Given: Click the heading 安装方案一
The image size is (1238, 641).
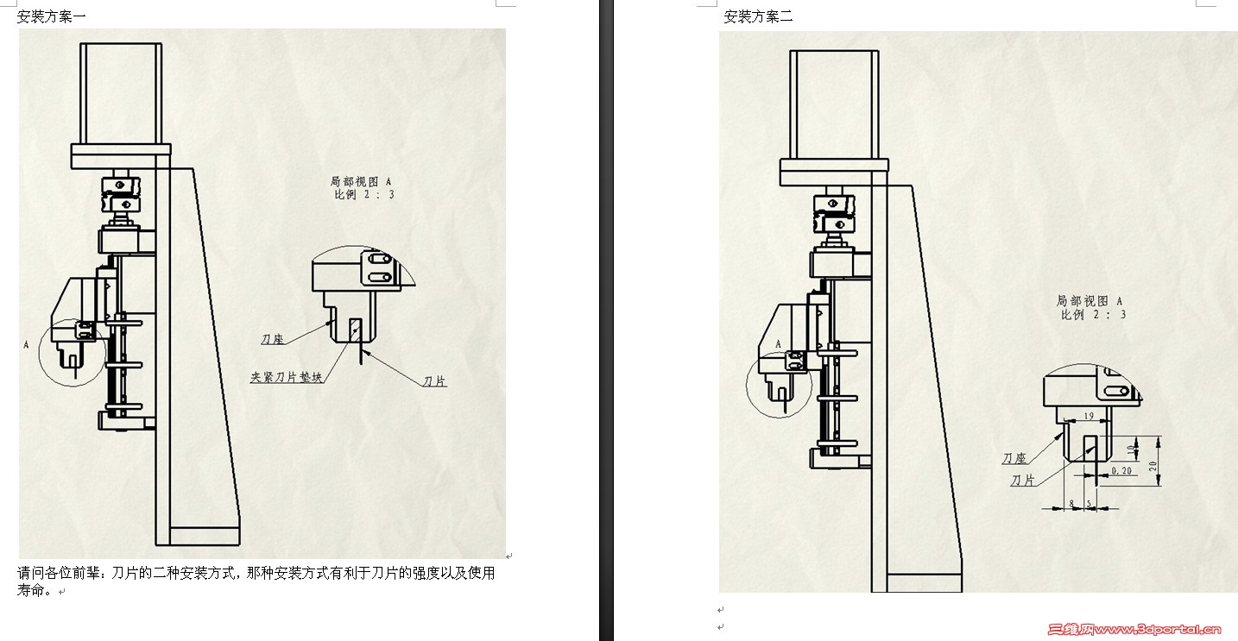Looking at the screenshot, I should click(51, 16).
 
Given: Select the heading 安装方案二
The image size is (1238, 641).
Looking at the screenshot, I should click(758, 16).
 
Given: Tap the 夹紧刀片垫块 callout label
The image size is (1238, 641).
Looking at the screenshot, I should click(287, 377).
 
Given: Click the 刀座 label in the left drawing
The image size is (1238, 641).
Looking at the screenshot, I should click(273, 339).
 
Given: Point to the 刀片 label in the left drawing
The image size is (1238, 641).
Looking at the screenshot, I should click(435, 380).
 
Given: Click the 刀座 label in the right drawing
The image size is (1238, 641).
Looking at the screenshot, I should click(1014, 458).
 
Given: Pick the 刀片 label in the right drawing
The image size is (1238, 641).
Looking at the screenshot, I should click(1023, 480).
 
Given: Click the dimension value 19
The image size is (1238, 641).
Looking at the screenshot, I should click(1088, 417).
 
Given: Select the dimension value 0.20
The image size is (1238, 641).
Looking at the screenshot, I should click(1121, 471).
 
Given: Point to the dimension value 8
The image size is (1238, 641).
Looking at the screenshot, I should click(1071, 502).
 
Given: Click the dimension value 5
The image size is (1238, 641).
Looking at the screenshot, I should click(1089, 502).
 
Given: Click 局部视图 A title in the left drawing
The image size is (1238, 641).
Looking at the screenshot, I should click(361, 181).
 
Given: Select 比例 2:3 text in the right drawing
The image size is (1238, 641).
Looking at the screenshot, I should click(1093, 315).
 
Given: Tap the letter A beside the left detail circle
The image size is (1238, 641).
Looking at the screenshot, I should click(27, 344).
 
